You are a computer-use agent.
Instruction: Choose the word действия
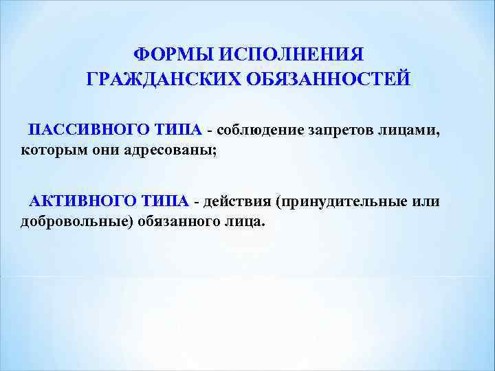(x=235, y=201)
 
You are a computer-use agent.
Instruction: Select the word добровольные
(x=66, y=222)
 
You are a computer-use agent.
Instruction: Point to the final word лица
(x=244, y=222)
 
